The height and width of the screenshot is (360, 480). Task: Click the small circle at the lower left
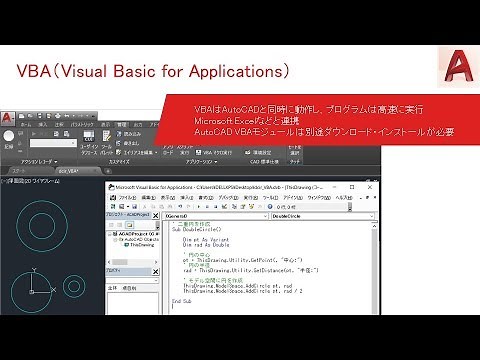[44, 290]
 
